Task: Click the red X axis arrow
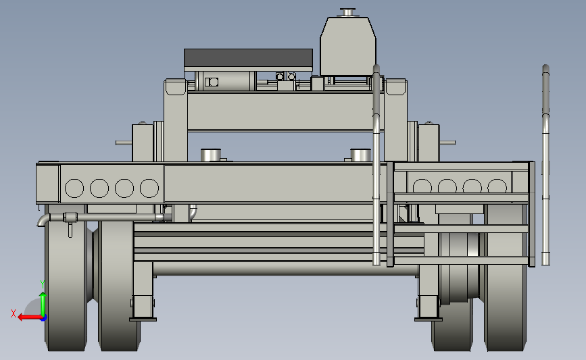(30, 317)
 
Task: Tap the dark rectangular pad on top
(248, 58)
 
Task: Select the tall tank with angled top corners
(348, 46)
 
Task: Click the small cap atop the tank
(348, 12)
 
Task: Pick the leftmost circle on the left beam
(74, 188)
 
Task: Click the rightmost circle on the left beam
(149, 188)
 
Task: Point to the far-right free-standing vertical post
(545, 164)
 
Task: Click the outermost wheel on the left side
(66, 284)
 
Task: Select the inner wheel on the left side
(117, 288)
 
